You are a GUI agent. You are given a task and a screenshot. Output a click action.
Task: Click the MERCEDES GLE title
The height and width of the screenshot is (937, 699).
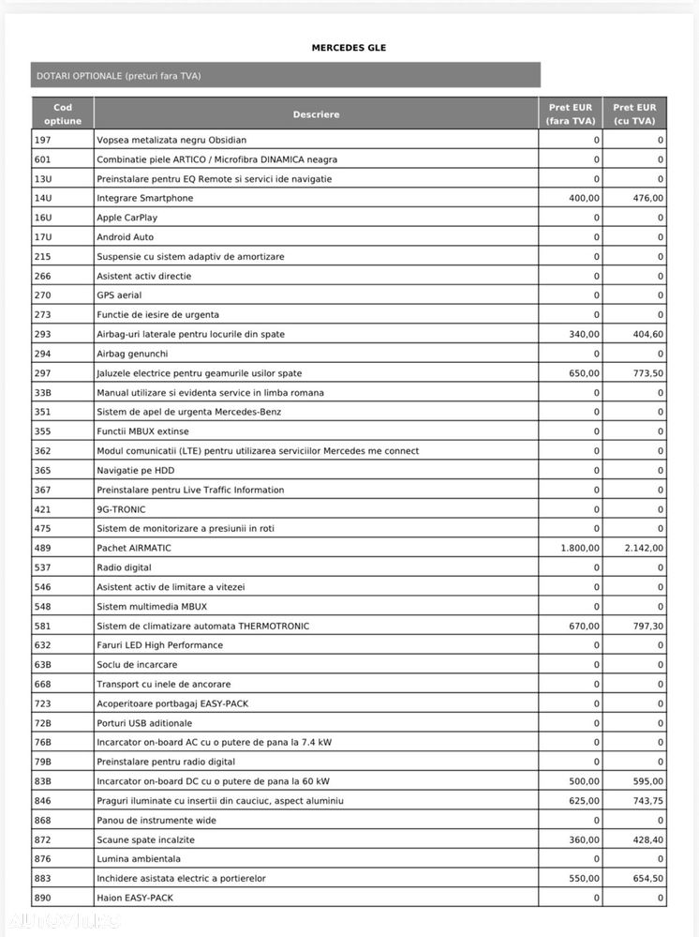(349, 48)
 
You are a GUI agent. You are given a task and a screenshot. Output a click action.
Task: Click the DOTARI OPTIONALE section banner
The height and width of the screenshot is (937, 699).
(119, 76)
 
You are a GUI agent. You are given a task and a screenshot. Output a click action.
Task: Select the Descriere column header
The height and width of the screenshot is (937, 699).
(316, 114)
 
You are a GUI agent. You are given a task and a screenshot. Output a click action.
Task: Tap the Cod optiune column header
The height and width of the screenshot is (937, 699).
(63, 114)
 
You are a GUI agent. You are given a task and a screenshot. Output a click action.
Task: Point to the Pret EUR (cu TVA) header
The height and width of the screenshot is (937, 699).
(634, 114)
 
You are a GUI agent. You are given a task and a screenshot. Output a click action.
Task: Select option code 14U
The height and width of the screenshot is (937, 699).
(42, 198)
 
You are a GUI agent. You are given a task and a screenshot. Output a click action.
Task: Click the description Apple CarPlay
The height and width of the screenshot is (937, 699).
(127, 218)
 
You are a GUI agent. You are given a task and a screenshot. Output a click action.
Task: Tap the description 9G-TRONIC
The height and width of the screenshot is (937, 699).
(121, 509)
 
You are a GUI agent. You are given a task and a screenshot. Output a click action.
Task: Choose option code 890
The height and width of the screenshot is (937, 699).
(42, 898)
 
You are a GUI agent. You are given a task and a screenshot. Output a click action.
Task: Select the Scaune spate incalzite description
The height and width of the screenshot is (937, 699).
(145, 839)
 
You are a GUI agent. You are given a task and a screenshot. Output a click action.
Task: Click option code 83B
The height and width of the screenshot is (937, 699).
(42, 781)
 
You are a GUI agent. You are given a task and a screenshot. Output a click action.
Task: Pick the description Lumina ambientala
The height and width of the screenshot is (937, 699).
(139, 858)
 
